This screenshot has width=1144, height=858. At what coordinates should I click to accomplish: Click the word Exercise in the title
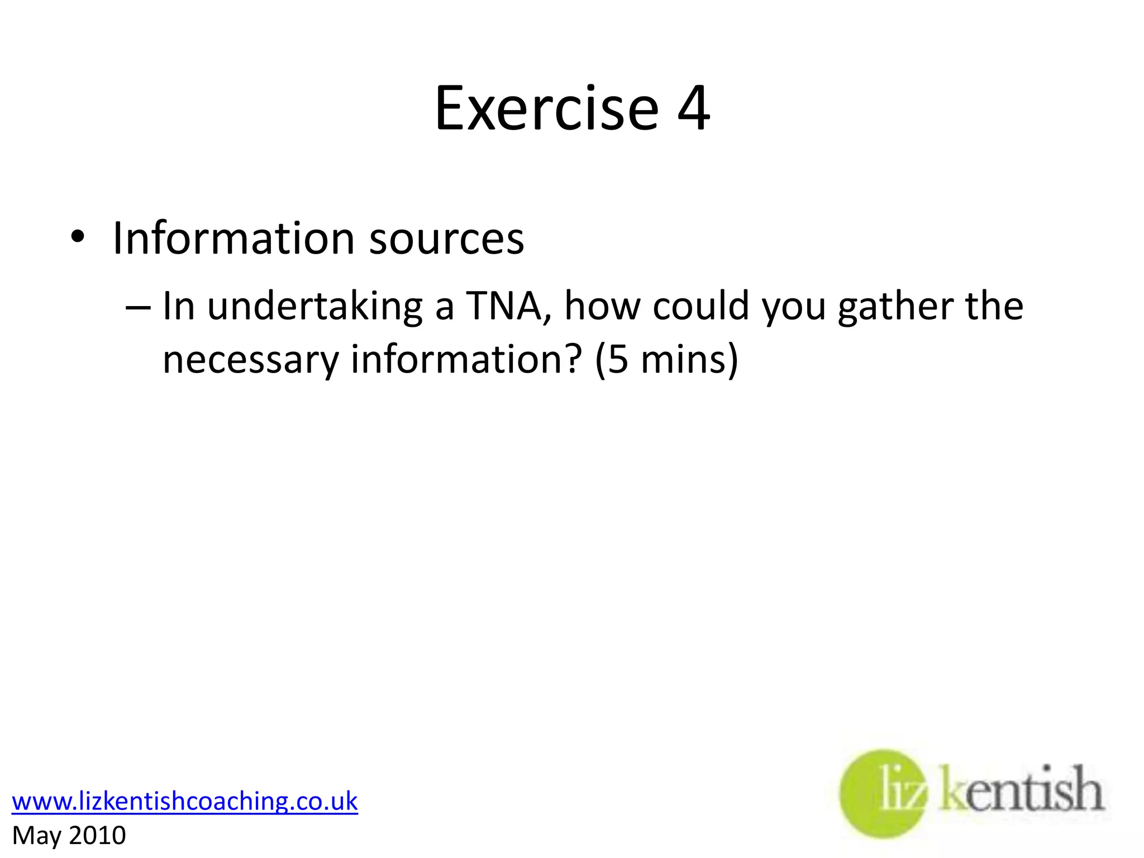click(x=546, y=108)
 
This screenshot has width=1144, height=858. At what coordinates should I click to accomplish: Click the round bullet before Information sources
click(x=78, y=238)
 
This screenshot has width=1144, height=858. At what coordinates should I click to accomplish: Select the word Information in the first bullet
click(x=233, y=239)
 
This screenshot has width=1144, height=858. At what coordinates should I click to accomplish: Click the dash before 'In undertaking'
click(x=138, y=307)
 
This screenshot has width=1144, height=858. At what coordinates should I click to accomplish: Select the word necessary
click(x=250, y=360)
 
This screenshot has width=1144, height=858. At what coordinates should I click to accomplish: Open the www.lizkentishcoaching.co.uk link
click(x=185, y=801)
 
